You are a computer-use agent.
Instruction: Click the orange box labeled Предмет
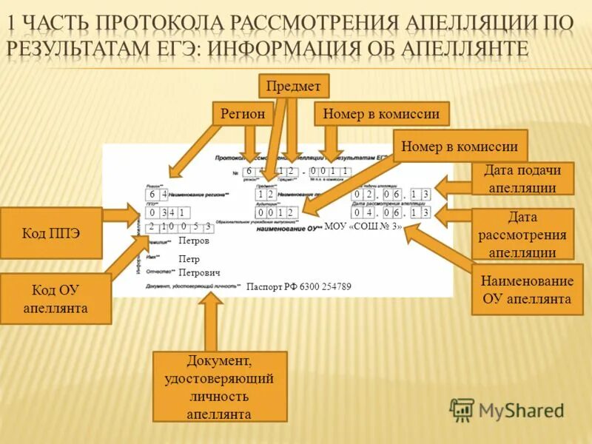[293, 87]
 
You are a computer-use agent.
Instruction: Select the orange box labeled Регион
[243, 114]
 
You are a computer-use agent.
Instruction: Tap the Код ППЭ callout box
[51, 233]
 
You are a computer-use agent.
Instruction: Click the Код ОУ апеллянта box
[55, 299]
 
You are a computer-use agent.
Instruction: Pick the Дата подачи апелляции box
[522, 178]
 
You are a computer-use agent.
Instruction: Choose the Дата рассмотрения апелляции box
[522, 234]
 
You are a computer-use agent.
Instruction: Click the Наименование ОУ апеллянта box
[527, 290]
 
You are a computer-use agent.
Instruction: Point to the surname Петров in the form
[194, 241]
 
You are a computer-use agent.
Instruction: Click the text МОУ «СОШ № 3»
[363, 226]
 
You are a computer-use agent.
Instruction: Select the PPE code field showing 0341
[166, 212]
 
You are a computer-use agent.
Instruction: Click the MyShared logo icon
[462, 409]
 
